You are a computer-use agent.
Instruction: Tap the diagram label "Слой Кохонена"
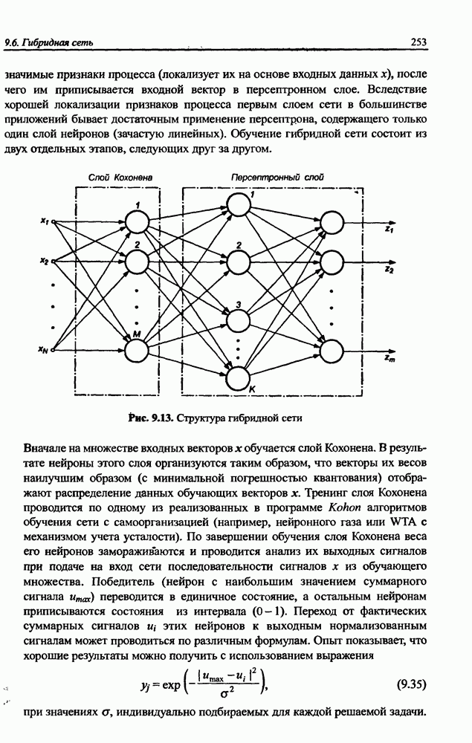(x=120, y=178)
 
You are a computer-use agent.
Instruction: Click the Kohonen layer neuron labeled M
(x=138, y=348)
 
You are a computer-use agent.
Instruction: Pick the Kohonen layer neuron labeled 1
(x=138, y=221)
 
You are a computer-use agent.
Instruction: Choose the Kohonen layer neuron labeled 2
(x=138, y=262)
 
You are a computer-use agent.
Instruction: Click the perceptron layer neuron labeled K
(x=238, y=378)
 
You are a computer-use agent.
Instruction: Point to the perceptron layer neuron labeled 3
(x=238, y=320)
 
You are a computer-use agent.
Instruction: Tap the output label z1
(x=389, y=231)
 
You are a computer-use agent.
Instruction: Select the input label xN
(x=44, y=349)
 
